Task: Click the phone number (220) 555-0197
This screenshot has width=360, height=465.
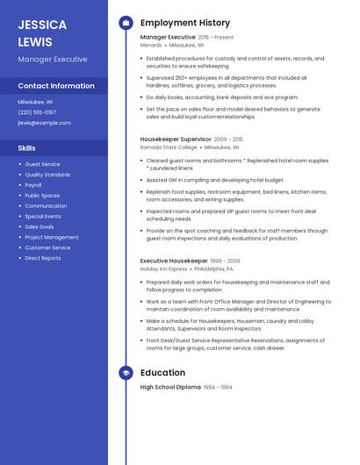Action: [x=37, y=112]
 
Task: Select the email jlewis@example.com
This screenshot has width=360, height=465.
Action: [x=44, y=123]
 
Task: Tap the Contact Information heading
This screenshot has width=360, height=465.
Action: [x=56, y=86]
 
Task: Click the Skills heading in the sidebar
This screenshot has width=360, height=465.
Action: [x=26, y=148]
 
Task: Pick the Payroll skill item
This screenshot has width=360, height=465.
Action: [x=33, y=185]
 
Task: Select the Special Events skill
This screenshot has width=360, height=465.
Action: [x=43, y=216]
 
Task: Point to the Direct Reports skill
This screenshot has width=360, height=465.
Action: [x=43, y=258]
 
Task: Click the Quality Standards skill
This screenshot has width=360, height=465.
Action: [x=47, y=175]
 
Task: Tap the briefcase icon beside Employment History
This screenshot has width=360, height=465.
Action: [x=126, y=23]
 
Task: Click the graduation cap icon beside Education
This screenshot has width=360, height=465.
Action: [x=126, y=373]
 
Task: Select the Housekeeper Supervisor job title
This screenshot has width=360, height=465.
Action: [x=176, y=139]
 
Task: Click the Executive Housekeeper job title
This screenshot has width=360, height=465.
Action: [x=174, y=261]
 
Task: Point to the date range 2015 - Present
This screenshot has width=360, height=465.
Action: [x=216, y=38]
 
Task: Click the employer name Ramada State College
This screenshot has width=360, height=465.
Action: [x=168, y=147]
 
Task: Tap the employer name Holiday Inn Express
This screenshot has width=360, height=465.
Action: [x=163, y=269]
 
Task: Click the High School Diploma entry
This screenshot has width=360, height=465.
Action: [x=170, y=387]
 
